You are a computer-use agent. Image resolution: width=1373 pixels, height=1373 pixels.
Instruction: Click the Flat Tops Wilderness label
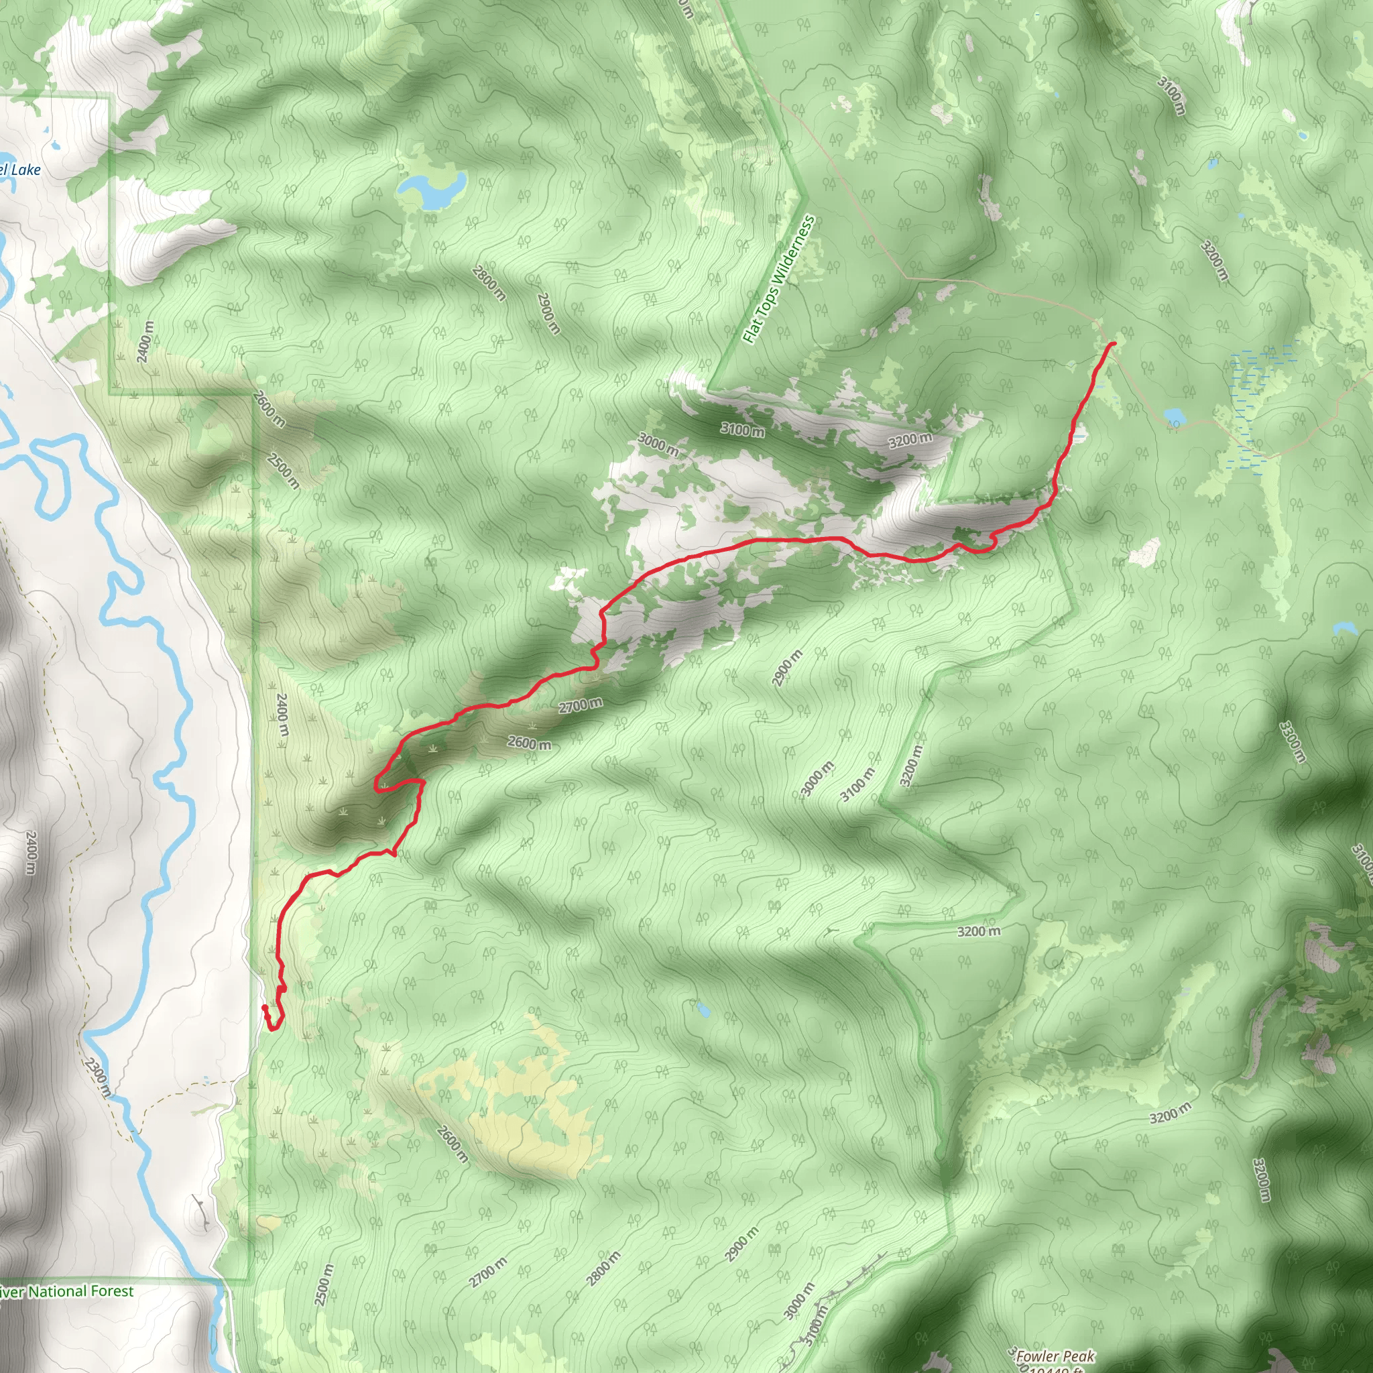(778, 280)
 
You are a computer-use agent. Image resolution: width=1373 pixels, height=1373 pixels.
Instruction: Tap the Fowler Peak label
(1055, 1356)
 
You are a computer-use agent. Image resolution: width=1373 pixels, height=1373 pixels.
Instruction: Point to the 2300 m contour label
(97, 1077)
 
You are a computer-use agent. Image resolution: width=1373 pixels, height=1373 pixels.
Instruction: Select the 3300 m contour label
(1292, 742)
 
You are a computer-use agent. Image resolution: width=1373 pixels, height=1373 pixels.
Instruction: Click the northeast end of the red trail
(1112, 344)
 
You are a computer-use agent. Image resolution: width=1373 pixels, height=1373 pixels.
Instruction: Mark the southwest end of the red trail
(264, 1007)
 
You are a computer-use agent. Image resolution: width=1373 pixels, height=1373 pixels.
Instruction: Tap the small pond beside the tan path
(1173, 414)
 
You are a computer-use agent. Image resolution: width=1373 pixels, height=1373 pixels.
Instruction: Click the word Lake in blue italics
(26, 170)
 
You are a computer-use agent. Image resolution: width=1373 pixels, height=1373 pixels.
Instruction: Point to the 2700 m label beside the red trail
(580, 705)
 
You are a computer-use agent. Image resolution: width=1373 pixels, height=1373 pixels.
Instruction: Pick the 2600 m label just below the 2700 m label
(529, 743)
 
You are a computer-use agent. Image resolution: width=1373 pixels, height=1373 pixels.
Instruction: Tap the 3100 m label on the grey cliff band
(743, 428)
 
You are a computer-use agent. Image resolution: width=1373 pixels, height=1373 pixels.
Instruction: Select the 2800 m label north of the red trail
(489, 283)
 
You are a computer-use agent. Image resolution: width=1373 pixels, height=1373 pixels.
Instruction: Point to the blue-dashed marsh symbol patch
(1254, 398)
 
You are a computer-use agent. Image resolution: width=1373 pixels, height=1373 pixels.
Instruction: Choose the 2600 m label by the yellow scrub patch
(451, 1144)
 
